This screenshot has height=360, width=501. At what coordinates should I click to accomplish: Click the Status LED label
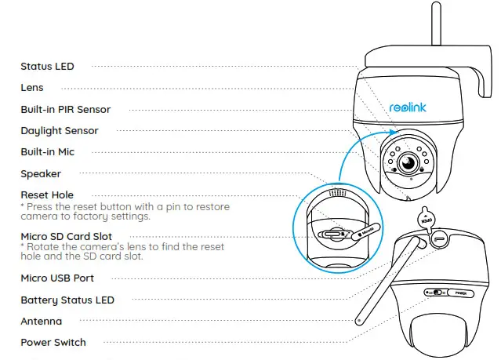[x=47, y=67]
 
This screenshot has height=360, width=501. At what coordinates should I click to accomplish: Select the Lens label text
[x=32, y=88]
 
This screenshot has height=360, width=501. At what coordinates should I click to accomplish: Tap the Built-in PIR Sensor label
[x=65, y=110]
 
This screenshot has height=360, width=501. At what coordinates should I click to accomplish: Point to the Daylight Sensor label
[x=59, y=131]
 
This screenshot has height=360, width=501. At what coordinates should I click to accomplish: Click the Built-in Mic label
[x=47, y=152]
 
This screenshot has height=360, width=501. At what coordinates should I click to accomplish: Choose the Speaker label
[x=41, y=173]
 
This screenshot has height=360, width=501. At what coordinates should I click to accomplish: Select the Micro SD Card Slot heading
[x=66, y=236]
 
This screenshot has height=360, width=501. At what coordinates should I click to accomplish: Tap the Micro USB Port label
[x=57, y=278]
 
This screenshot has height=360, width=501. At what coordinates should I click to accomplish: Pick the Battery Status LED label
[x=67, y=300]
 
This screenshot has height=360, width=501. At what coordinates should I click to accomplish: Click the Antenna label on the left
[x=41, y=321]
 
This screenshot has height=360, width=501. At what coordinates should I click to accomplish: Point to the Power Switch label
[x=53, y=342]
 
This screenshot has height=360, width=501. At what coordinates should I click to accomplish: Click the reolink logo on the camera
[x=408, y=109]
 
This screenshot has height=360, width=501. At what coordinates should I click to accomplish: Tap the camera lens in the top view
[x=407, y=163]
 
